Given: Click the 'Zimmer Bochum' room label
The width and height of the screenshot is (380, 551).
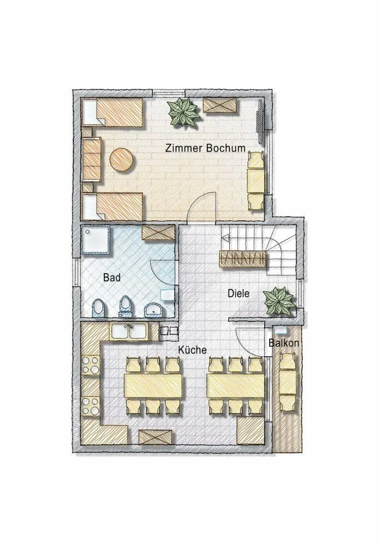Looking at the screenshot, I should (x=205, y=148).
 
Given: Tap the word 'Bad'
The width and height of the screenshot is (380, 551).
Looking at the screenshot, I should (x=112, y=277).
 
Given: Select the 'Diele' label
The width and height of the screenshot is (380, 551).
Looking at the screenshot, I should (x=238, y=293).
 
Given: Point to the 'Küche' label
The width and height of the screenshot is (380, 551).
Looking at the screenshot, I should (x=193, y=350).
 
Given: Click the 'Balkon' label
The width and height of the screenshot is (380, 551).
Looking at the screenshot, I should (x=284, y=343).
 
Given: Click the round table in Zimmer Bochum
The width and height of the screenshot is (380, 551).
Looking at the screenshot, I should (x=122, y=159).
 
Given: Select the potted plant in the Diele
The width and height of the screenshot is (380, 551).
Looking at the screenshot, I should (x=278, y=301).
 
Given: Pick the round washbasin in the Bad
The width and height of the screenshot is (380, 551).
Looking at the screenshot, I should (x=153, y=310).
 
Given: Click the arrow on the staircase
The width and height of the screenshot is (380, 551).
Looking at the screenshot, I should (x=225, y=238).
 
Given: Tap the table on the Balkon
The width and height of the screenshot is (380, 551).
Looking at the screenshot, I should (x=288, y=382).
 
